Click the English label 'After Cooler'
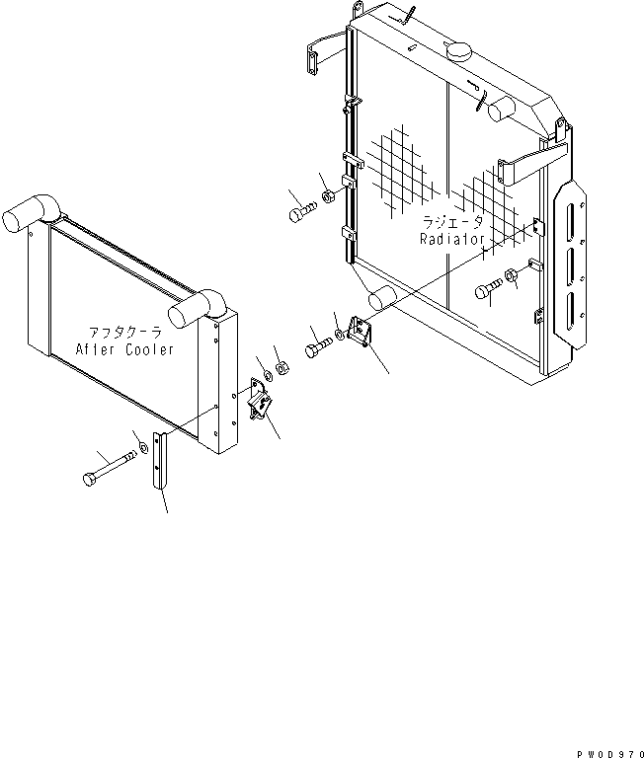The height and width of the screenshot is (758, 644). coord(124,349)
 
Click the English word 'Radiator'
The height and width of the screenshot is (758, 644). coord(450,240)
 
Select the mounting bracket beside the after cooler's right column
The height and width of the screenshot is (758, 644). coord(261,401)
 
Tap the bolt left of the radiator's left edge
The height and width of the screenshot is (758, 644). coord(301,211)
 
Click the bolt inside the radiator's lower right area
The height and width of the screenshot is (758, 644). coord(488,289)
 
